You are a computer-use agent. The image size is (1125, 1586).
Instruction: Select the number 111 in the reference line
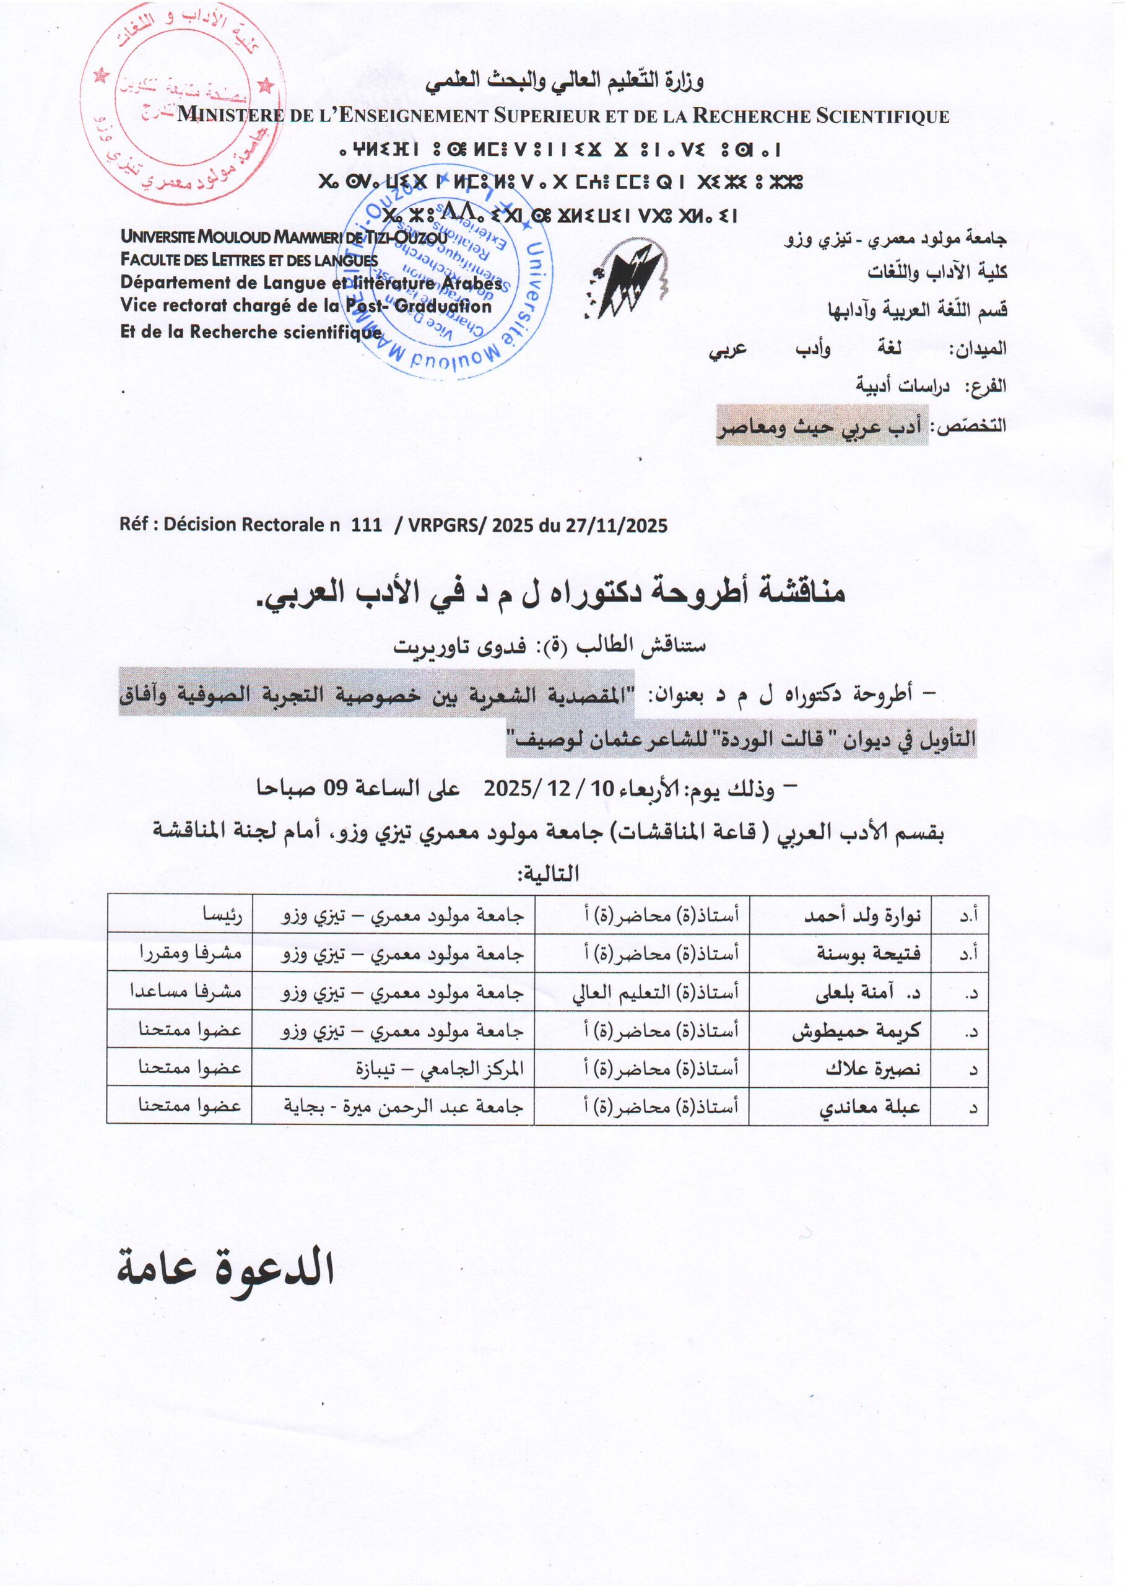[x=367, y=525]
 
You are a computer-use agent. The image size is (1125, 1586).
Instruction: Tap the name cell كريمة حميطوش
[x=856, y=1031]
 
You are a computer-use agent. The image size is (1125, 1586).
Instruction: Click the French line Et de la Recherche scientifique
[x=251, y=332]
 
